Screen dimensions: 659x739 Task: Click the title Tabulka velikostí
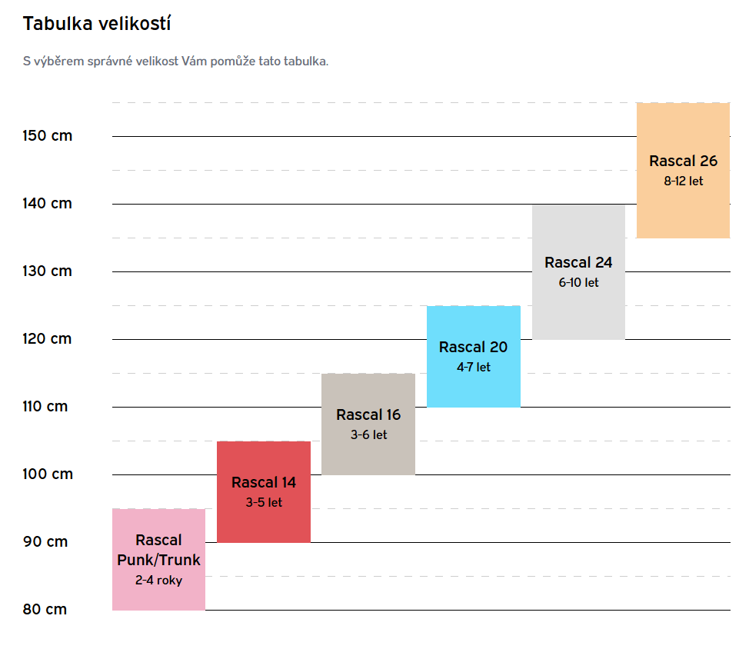pos(97,24)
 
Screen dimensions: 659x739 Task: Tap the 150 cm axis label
pos(48,136)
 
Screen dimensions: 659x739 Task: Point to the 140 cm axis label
pos(48,204)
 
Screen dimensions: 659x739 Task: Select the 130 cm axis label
pos(48,271)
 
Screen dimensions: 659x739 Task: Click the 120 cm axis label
pos(48,339)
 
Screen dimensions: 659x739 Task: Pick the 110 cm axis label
pos(45,407)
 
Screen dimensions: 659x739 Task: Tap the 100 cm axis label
pos(48,474)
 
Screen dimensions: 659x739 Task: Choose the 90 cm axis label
pos(45,542)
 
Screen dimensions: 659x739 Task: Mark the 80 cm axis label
pos(45,610)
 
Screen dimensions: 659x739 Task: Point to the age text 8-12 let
pos(683,182)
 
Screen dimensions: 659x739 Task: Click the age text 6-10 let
pos(578,283)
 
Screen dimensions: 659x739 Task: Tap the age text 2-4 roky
pos(158,581)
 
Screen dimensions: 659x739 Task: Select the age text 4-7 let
pos(473,368)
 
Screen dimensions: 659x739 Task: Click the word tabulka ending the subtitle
pos(306,62)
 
